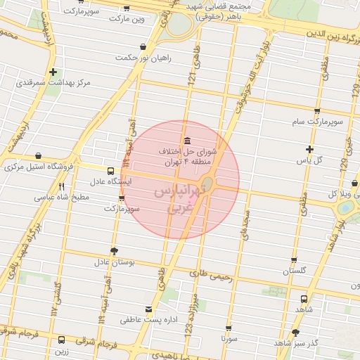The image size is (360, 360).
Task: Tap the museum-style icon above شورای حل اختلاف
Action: pos(186,139)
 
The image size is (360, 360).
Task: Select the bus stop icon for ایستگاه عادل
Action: pos(110,171)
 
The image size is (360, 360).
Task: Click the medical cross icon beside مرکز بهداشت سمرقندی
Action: pos(53,72)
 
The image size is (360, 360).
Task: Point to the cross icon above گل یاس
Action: pos(309,148)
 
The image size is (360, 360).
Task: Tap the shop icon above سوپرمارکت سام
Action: pos(318,111)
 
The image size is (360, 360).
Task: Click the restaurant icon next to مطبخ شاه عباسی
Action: pos(62,186)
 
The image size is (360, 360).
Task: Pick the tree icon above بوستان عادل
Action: pos(114,250)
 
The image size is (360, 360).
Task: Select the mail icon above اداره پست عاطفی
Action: pos(148,309)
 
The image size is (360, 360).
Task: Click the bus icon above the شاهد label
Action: pos(304,298)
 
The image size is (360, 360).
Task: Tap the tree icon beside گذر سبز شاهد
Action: pos(295,333)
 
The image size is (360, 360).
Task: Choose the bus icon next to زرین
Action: pos(62,339)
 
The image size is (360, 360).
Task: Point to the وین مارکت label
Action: pos(143,19)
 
